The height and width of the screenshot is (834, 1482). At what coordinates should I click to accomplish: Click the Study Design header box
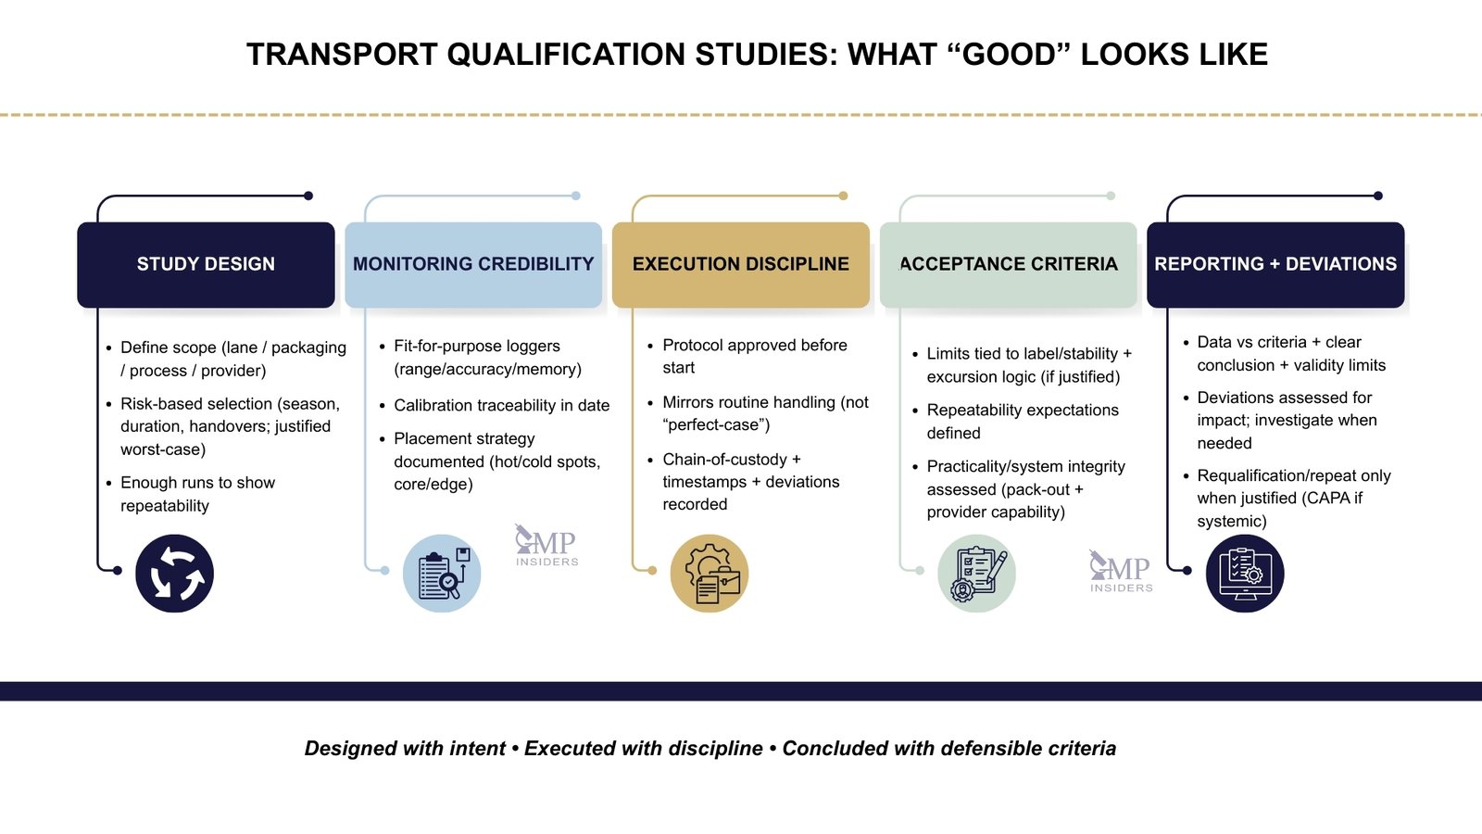206,264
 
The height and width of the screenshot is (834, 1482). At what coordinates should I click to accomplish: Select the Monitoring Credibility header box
473,264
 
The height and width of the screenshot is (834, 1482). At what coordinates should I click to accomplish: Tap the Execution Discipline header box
740,264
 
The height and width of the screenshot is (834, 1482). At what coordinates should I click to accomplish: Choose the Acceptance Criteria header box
1008,264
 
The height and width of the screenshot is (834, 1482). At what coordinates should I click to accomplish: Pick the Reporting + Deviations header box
1275,264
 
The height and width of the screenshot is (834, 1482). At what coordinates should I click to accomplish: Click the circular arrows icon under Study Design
175,574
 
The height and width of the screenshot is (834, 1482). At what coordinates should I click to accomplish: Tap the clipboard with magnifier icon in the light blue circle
442,574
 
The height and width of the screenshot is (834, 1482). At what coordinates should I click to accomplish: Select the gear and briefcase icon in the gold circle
710,574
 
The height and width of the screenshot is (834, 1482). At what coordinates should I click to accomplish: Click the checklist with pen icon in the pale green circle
976,574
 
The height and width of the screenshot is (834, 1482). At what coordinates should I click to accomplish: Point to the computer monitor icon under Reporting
1245,574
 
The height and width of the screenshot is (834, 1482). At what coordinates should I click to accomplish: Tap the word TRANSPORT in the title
342,55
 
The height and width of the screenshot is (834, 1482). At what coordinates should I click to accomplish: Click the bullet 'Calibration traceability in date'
501,405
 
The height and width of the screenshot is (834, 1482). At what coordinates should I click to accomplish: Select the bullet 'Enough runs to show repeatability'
197,494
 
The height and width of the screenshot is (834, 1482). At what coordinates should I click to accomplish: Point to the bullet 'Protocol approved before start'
754,356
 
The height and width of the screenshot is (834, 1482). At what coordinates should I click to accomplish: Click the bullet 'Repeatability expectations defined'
1022,422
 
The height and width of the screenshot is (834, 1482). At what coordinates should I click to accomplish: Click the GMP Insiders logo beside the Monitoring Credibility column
546,546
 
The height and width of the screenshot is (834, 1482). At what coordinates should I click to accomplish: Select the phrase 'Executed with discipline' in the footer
644,749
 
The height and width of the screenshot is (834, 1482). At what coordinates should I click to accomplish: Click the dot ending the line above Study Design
308,196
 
